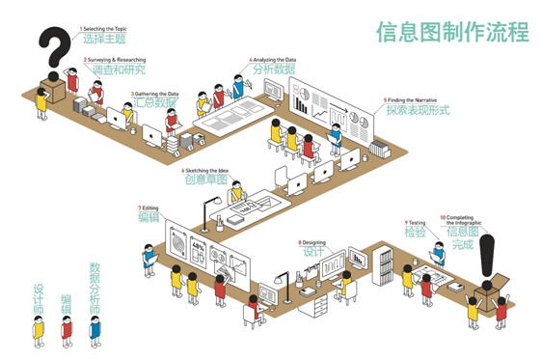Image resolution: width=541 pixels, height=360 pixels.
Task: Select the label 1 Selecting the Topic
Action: click(103, 30)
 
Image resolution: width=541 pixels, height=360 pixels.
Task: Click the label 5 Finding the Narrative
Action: click(417, 99)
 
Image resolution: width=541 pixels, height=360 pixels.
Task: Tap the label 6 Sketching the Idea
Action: click(209, 170)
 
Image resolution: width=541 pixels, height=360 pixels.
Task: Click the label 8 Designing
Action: click(313, 242)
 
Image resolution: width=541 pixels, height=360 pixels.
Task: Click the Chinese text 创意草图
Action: click(206, 180)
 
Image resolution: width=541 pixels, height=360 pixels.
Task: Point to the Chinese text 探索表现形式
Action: click(419, 111)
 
